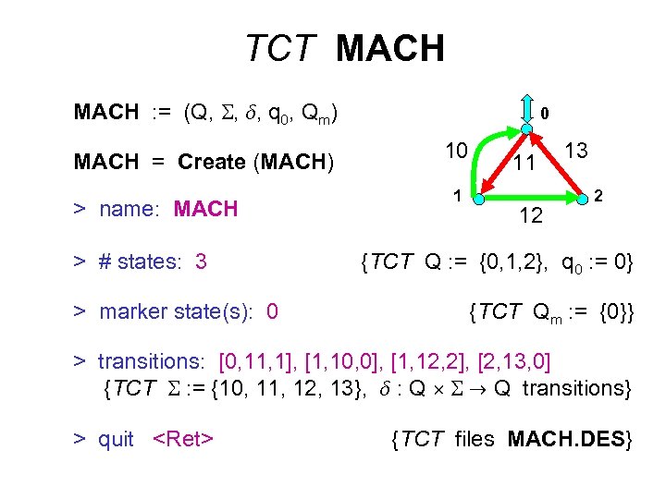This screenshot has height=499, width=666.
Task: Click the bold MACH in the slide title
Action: point(390,47)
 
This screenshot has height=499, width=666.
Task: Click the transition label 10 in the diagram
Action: point(455,152)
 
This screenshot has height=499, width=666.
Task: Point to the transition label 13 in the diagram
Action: point(575,151)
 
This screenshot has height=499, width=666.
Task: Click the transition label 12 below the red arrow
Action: point(530,217)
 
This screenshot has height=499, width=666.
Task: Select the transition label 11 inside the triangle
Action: point(524,164)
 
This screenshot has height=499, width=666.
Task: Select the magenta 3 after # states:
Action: point(201,262)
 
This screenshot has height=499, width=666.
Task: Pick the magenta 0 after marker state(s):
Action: point(271,311)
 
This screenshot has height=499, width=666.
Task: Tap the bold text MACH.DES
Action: point(570,439)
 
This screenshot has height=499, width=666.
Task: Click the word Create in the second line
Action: point(212,162)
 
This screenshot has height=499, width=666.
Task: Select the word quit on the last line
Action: point(116,439)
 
